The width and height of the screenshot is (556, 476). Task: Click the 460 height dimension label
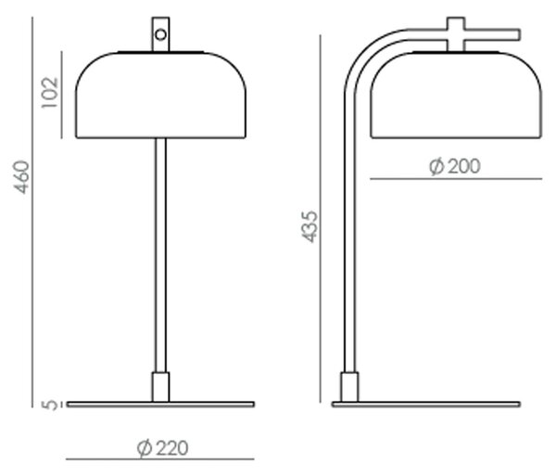click(21, 177)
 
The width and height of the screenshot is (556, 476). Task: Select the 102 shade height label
click(50, 92)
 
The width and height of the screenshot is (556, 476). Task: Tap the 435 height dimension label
click(310, 226)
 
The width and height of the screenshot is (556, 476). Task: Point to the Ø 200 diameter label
click(455, 166)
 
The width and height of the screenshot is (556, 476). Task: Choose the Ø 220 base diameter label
click(162, 448)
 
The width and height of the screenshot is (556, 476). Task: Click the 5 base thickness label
click(49, 405)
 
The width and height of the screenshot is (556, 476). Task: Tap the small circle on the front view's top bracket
click(160, 34)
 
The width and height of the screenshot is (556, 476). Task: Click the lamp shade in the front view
click(160, 95)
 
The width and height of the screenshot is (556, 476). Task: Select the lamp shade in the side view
click(456, 95)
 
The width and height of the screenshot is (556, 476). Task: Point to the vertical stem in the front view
click(160, 255)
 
